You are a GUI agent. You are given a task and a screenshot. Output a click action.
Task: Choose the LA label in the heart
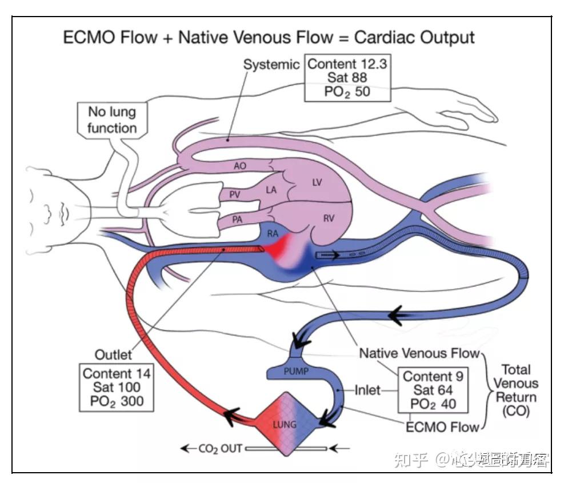[x=271, y=190]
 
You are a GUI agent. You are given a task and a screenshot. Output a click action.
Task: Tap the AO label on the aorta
[x=240, y=166]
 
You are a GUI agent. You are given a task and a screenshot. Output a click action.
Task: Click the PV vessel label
[x=235, y=194]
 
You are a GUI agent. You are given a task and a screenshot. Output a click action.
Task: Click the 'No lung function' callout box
[x=111, y=120]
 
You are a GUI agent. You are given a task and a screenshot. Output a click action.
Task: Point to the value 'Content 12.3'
[x=347, y=63]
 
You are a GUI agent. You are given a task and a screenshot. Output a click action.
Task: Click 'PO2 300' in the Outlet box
[x=117, y=401]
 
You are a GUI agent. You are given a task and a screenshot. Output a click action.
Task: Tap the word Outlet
[x=113, y=355]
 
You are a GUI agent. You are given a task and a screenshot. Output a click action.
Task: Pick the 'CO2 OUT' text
[x=220, y=449]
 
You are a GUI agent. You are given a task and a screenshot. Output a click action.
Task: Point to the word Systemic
[x=271, y=65]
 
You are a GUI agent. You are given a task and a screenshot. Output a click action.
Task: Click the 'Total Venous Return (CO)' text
[x=515, y=390]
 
